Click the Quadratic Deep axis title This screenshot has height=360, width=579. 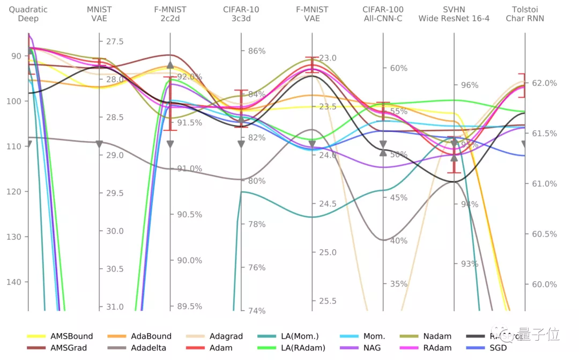(28, 14)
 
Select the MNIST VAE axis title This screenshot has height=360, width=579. (99, 14)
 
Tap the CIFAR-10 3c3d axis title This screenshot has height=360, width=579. (241, 14)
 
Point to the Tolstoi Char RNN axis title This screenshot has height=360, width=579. (525, 14)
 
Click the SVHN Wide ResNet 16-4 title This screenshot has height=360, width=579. (454, 14)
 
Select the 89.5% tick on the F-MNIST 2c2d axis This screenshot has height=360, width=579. (189, 306)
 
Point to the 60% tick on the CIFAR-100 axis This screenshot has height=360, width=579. (398, 68)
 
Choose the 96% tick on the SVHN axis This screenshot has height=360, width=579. (469, 85)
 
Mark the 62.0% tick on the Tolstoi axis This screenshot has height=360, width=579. (544, 83)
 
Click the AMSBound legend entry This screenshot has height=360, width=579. (71, 336)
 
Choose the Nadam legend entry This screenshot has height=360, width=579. (437, 336)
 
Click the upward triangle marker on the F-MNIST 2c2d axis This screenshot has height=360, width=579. (170, 65)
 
